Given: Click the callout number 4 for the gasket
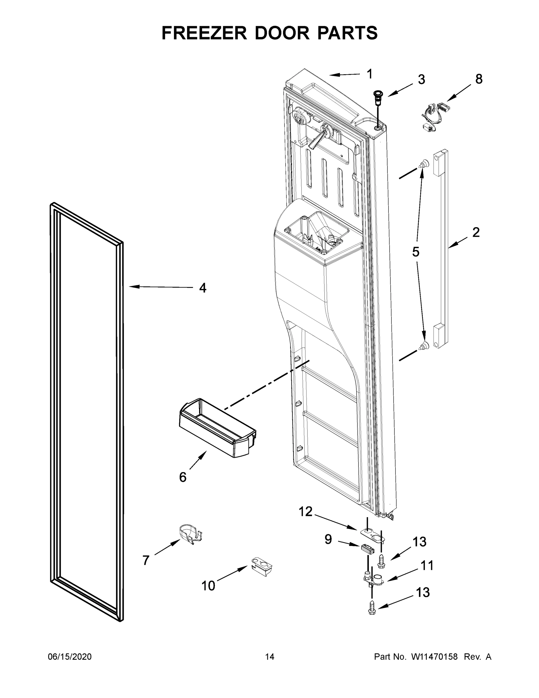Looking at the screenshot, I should click(x=203, y=288).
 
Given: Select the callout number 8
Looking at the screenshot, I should click(x=479, y=79).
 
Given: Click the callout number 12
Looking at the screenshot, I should click(x=305, y=512).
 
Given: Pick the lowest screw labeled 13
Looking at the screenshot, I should click(x=372, y=608).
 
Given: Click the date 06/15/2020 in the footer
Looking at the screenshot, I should click(x=70, y=656).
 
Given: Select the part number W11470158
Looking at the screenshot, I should click(x=434, y=656).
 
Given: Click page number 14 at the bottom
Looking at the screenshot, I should click(x=270, y=656).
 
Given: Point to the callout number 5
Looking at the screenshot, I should click(x=416, y=252).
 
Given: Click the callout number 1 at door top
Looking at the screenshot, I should click(x=369, y=74).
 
